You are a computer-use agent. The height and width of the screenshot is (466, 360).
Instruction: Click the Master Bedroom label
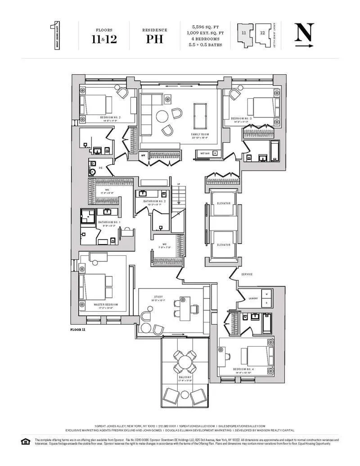point(106,304)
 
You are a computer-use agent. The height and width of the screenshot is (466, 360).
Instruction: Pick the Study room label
point(158,297)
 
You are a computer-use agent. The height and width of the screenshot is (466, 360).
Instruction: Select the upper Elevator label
point(224,203)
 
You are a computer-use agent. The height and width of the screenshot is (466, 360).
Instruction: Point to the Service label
point(247,274)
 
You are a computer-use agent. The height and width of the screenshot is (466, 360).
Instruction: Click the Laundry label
point(253,298)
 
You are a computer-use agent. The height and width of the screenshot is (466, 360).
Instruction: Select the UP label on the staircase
point(178,184)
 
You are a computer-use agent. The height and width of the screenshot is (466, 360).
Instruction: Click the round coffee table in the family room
point(163,117)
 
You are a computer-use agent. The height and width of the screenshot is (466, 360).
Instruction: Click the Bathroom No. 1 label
point(108,222)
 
